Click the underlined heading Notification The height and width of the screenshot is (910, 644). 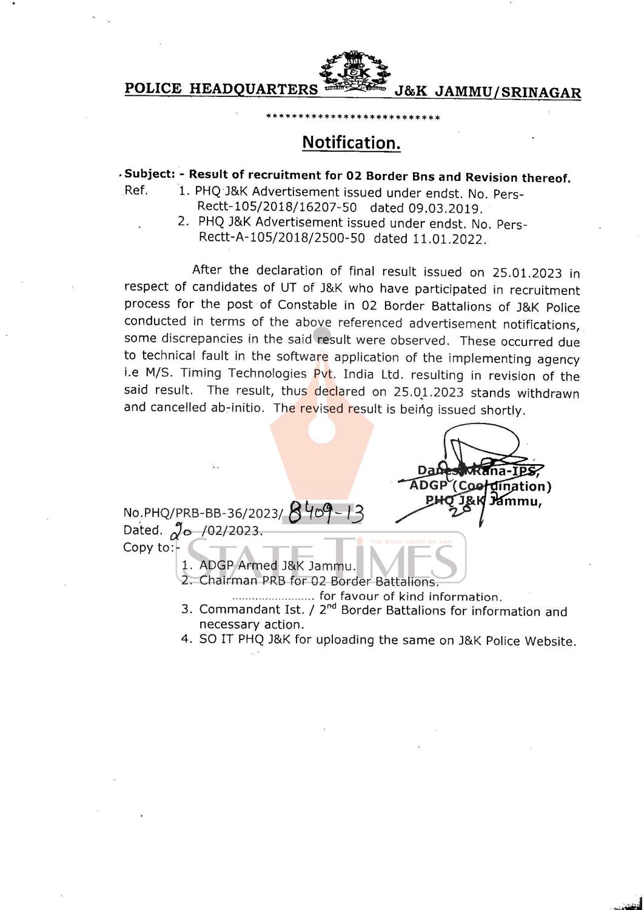[351, 143]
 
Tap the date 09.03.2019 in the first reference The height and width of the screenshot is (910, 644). [451, 209]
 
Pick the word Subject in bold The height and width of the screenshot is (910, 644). [149, 174]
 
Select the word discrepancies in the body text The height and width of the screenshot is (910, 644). [181, 339]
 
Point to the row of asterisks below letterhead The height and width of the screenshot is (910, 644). [353, 117]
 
